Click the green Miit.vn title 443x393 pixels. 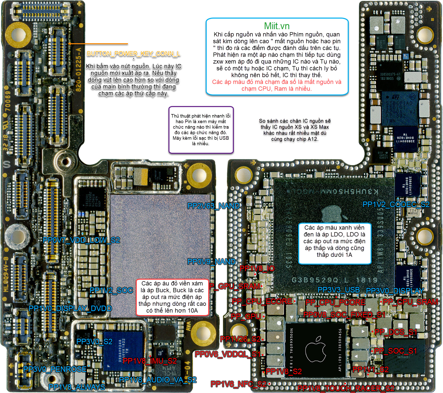pyautogui.click(x=277, y=26)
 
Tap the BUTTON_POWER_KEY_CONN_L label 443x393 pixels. pyautogui.click(x=133, y=54)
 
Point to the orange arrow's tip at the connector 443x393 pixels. pyautogui.click(x=69, y=44)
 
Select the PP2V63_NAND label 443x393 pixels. pyautogui.click(x=213, y=206)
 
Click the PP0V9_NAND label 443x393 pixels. pyautogui.click(x=211, y=262)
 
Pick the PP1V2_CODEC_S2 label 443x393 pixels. pyautogui.click(x=396, y=205)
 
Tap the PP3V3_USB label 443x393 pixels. pyautogui.click(x=339, y=290)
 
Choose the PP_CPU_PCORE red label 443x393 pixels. pyautogui.click(x=335, y=302)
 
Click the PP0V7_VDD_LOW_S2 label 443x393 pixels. pyautogui.click(x=81, y=240)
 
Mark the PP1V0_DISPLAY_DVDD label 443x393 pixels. pyautogui.click(x=70, y=308)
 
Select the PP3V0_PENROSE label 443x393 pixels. pyautogui.click(x=55, y=369)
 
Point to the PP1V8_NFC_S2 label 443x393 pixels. pyautogui.click(x=238, y=384)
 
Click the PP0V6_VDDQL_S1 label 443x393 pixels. pyautogui.click(x=228, y=354)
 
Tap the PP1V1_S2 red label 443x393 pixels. pyautogui.click(x=371, y=369)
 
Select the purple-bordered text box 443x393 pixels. pyautogui.click(x=201, y=130)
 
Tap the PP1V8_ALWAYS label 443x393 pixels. pyautogui.click(x=77, y=387)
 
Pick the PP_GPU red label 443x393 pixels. pyautogui.click(x=246, y=316)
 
